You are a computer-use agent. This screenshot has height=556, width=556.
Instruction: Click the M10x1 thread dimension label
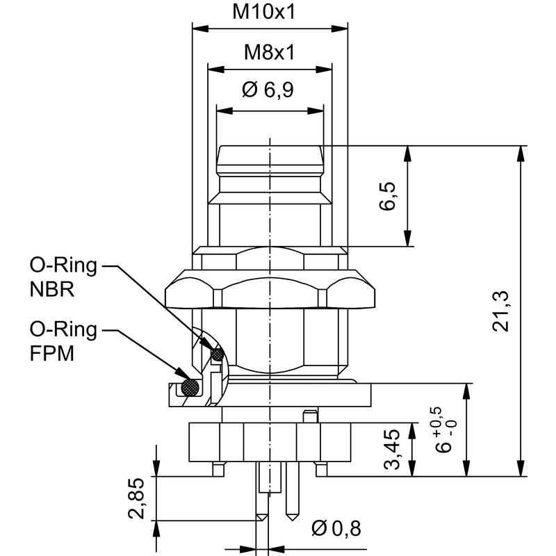(x=269, y=12)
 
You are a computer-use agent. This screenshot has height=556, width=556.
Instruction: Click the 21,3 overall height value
(x=501, y=311)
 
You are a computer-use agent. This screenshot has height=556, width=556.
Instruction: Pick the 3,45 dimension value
(x=393, y=450)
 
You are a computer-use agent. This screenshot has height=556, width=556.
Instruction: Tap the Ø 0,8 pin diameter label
(x=337, y=529)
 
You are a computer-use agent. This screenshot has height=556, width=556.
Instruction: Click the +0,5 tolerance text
(x=436, y=417)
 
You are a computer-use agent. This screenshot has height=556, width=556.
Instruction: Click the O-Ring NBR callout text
(x=63, y=277)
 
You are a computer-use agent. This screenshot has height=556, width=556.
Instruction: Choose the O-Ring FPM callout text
(x=63, y=341)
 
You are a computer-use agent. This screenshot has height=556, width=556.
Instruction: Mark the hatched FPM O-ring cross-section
(x=188, y=386)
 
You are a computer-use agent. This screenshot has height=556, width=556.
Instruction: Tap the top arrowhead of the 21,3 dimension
(x=521, y=151)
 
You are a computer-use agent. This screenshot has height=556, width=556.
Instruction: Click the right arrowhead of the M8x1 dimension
(x=327, y=69)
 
